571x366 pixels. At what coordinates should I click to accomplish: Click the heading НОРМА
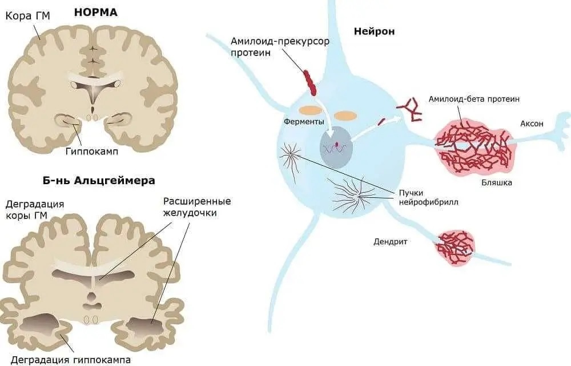[x=95, y=11]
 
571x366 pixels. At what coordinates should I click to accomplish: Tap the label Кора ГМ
[x=27, y=15]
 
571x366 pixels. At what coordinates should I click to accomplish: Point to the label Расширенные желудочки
[x=196, y=208]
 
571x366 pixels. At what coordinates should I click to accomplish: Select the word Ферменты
[x=304, y=122]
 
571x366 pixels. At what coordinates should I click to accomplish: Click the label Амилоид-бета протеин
[x=474, y=99]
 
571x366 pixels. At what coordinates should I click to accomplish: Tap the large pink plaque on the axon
[x=473, y=146]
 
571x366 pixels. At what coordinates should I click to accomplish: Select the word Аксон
[x=532, y=124]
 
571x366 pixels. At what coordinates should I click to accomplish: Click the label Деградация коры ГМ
[x=34, y=210]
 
